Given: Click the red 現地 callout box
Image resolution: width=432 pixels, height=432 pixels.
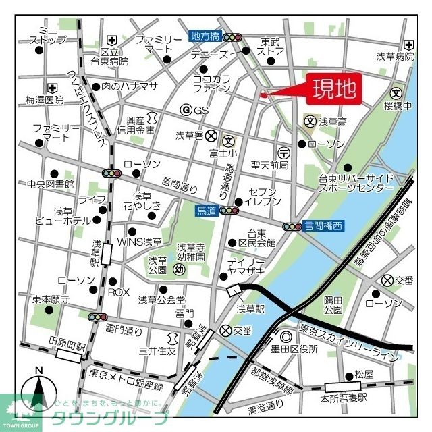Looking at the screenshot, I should tap(335, 88).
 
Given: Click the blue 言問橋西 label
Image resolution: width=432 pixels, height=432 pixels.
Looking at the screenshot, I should tap(323, 227).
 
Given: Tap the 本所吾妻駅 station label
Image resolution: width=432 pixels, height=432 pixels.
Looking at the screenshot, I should tap(347, 398).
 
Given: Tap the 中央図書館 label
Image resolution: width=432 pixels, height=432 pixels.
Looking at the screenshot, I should tap(50, 184).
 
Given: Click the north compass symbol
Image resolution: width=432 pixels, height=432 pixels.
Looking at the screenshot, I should tap(38, 391).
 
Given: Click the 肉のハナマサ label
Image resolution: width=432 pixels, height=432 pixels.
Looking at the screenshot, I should tap(128, 86).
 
